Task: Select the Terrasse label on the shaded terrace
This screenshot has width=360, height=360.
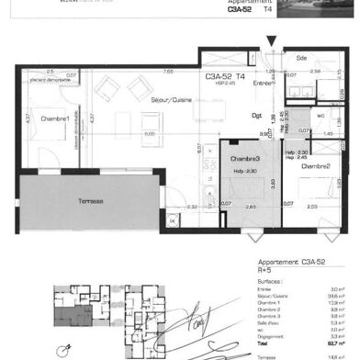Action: click(90, 201)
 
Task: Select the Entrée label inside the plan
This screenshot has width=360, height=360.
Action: click(264, 83)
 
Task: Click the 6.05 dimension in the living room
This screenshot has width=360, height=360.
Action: click(148, 132)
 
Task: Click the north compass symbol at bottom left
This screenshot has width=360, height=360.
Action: click(66, 350)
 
